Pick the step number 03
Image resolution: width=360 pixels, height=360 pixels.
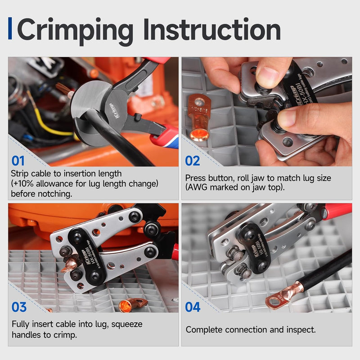[x=19, y=307]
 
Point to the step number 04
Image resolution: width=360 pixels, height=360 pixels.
[x=193, y=307]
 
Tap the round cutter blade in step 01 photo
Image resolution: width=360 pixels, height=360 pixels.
[x=92, y=108]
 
